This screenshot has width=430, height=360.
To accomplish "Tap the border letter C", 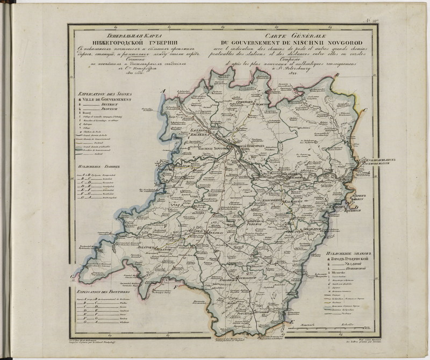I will [x=365, y=111].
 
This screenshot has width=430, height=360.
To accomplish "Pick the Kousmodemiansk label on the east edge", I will [x=364, y=161].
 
